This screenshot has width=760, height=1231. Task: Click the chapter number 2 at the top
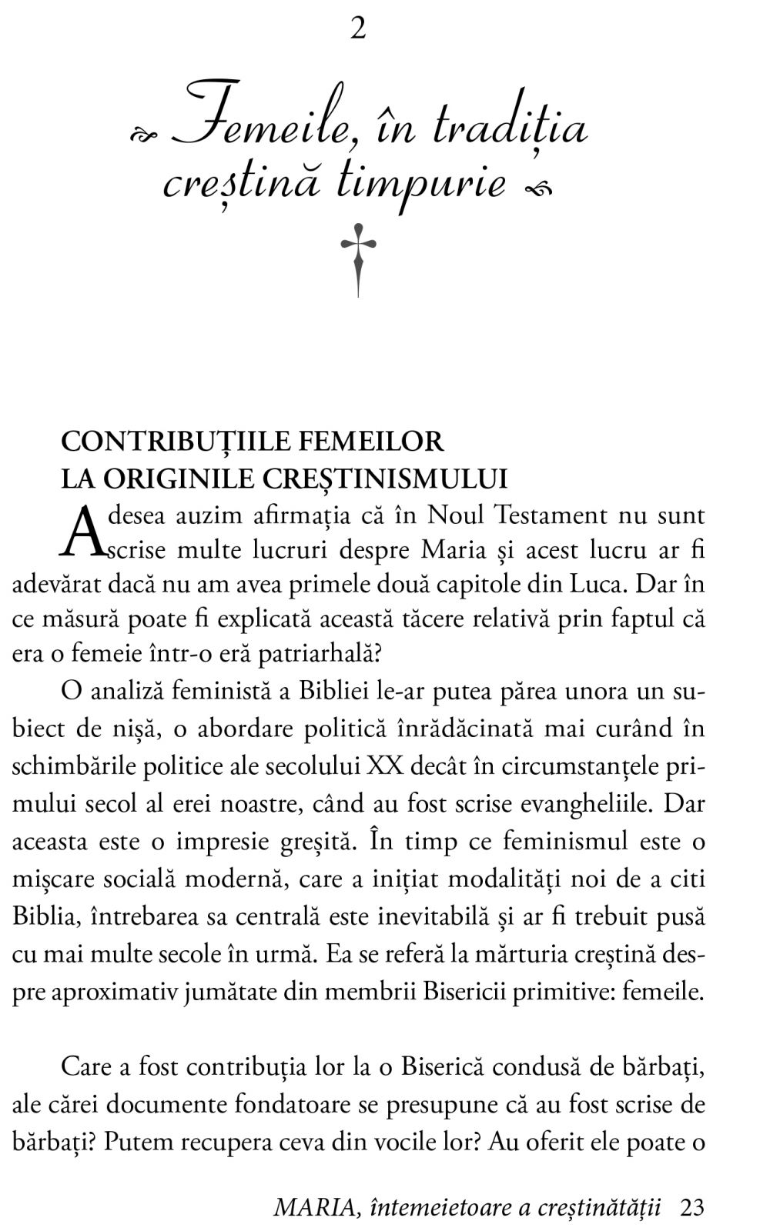click(359, 29)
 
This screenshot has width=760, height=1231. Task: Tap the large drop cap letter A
click(81, 531)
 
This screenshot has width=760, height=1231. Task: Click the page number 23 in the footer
click(692, 1207)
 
